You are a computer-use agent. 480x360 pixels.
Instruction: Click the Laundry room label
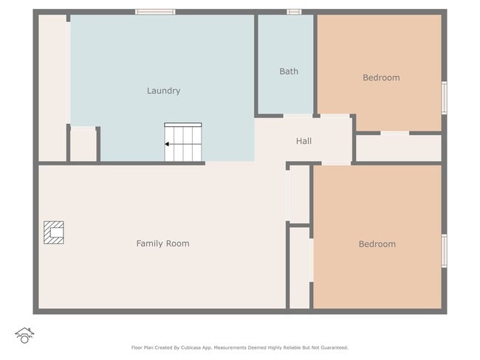[x=163, y=91]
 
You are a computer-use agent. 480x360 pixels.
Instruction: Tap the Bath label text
[x=289, y=72]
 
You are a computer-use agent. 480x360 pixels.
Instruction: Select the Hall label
[x=304, y=141]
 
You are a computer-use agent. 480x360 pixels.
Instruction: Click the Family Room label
[x=162, y=243]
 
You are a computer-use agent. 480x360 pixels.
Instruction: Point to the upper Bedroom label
[x=381, y=77]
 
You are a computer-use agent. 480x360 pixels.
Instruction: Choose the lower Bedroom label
[x=377, y=244]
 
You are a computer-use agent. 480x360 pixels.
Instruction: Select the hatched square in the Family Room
[x=53, y=232]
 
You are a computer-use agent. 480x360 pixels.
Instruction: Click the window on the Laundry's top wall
[x=155, y=12]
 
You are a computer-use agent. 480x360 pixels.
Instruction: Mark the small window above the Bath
[x=294, y=12]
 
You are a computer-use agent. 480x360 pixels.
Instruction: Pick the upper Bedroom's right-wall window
[x=444, y=97]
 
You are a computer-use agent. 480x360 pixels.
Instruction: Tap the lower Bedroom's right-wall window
[x=444, y=250]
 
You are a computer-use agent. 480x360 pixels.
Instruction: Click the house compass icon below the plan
[x=24, y=336]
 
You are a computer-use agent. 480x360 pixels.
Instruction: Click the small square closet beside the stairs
[x=83, y=145]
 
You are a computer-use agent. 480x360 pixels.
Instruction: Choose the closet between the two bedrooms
[x=399, y=148]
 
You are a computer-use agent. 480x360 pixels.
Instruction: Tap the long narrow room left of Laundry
[x=52, y=87]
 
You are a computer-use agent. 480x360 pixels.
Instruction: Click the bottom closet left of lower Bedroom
[x=299, y=267]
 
